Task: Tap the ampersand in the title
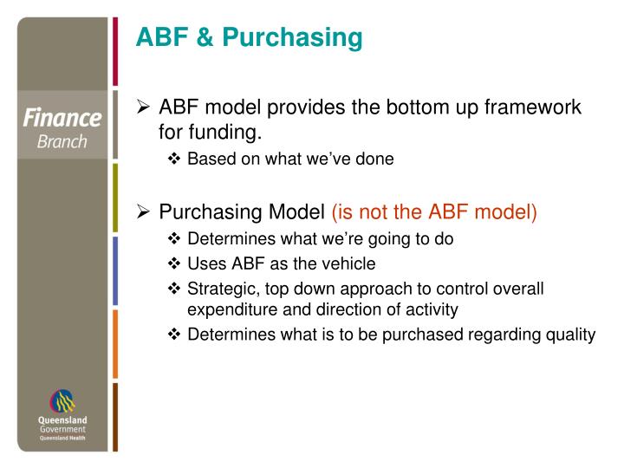click(202, 37)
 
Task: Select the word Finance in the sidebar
click(62, 118)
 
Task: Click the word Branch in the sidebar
click(62, 141)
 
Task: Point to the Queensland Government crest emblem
click(62, 400)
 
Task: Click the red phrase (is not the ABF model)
click(434, 212)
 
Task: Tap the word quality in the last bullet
click(569, 335)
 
